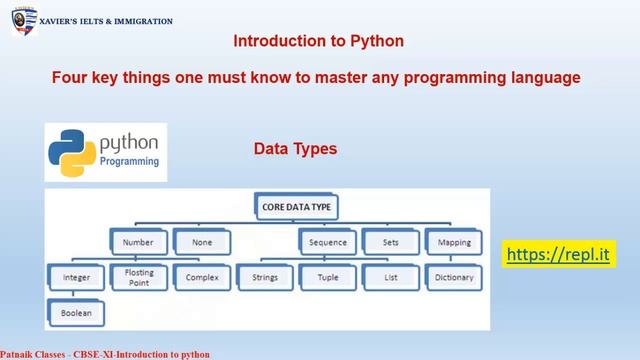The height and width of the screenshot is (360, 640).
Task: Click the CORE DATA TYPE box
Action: click(x=296, y=207)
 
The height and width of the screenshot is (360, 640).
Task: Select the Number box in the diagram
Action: click(x=138, y=241)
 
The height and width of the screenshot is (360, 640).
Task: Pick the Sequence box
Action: click(x=328, y=241)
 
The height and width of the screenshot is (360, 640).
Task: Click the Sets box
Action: click(x=390, y=241)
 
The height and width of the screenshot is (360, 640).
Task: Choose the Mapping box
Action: click(x=453, y=241)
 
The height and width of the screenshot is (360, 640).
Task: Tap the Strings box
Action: click(x=264, y=277)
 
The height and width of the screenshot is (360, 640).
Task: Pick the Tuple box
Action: click(x=328, y=277)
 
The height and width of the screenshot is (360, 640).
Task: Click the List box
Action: click(x=390, y=277)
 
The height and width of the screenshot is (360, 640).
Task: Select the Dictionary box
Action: click(x=453, y=277)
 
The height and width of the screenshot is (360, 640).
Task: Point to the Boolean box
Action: click(x=75, y=313)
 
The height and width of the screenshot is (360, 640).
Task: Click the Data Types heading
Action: click(x=295, y=149)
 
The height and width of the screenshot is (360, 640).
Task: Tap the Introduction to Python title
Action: click(x=318, y=42)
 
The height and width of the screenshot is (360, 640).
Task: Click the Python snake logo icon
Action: click(x=72, y=151)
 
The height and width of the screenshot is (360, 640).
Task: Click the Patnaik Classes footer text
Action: click(x=105, y=354)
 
